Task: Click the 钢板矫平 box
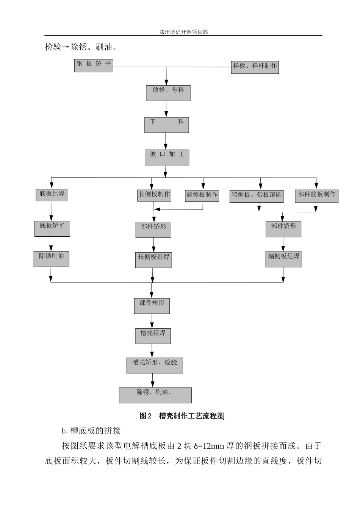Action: (94, 66)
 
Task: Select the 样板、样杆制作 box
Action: (255, 67)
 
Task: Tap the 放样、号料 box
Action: (168, 93)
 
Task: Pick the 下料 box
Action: (166, 125)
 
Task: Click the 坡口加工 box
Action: (167, 157)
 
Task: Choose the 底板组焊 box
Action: (52, 195)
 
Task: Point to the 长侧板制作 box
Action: (154, 195)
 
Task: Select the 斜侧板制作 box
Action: (202, 195)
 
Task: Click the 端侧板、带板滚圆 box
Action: (257, 196)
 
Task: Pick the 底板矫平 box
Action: (52, 229)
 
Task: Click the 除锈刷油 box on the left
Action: (51, 259)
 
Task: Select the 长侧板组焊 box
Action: (153, 260)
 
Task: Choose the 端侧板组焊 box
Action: (283, 259)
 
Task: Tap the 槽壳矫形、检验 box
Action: (155, 365)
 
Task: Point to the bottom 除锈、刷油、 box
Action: (155, 395)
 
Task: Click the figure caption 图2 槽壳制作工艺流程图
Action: (182, 416)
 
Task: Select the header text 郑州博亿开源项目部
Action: (183, 32)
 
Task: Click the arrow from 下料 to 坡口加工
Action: (166, 141)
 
